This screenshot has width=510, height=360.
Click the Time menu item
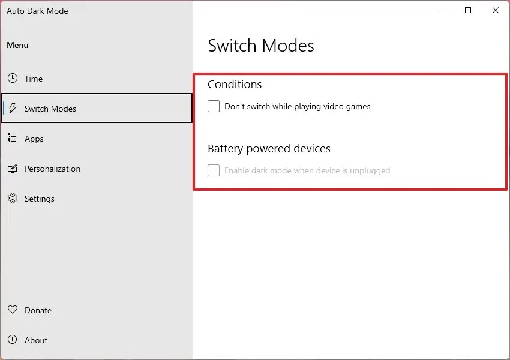pos(34,79)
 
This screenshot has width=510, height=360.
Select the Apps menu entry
pos(34,139)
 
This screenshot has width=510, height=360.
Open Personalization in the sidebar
pos(52,169)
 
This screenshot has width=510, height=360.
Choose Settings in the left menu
pos(40,199)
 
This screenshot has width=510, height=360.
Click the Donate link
pos(38,310)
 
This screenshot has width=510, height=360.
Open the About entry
pos(36,340)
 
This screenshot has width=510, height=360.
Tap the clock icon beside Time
pos(13,79)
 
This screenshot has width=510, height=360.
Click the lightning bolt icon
pos(13,109)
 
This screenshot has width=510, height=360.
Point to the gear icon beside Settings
pos(13,199)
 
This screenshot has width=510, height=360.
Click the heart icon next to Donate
pos(13,310)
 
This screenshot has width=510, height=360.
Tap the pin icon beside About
pos(13,340)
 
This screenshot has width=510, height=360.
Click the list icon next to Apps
pos(13,139)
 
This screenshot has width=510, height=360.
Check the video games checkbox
pos(214,106)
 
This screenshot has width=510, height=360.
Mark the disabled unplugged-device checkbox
pos(214,170)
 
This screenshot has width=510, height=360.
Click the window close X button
pos(496,10)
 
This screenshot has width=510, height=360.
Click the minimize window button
pos(441,10)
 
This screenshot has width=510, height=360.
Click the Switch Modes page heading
pos(261,46)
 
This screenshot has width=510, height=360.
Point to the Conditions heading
pos(235,85)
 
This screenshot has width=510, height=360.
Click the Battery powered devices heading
pos(269,149)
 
